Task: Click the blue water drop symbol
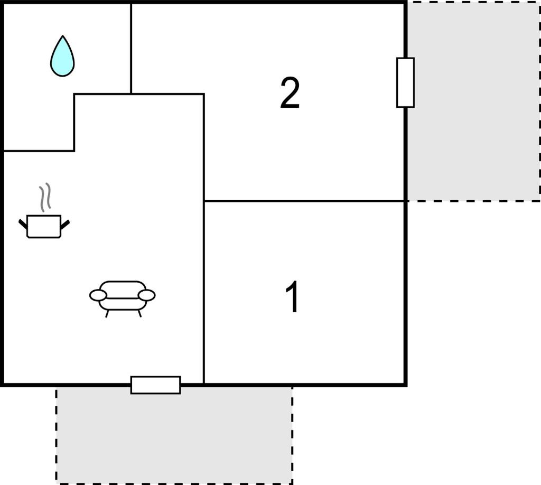(x=62, y=57)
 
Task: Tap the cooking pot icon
(x=44, y=226)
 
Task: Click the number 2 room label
(x=290, y=92)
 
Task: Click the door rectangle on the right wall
(x=405, y=82)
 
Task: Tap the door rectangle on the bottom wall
(x=156, y=385)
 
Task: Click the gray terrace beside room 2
(x=474, y=101)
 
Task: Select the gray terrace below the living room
(x=174, y=435)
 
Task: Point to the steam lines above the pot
(x=45, y=197)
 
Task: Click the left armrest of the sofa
(x=98, y=295)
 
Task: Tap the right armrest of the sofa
(x=147, y=295)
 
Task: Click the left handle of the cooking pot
(x=23, y=224)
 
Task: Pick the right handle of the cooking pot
(x=65, y=224)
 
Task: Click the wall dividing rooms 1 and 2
(x=304, y=201)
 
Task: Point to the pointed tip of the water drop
(x=63, y=35)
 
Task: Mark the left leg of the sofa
(x=107, y=314)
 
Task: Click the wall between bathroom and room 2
(x=131, y=48)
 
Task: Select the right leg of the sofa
(x=139, y=314)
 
